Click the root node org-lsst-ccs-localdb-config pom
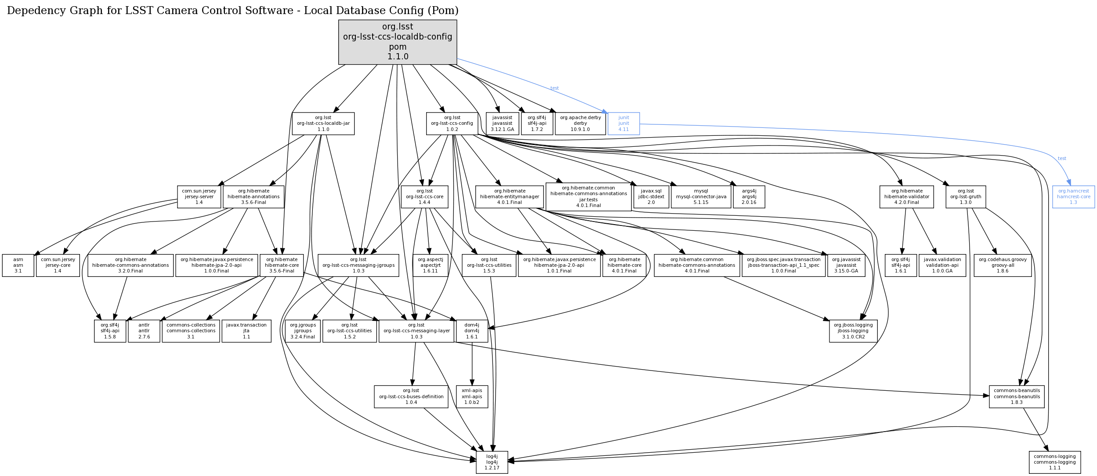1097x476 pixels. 398,42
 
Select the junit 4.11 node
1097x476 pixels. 623,124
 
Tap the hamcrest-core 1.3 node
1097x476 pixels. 1073,196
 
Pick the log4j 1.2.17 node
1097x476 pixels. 492,462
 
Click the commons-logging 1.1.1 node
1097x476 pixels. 1054,462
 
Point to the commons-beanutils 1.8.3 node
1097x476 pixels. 1017,396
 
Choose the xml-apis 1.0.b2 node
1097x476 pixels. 472,396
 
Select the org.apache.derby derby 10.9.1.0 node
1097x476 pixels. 580,124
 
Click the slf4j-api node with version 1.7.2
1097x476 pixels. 537,124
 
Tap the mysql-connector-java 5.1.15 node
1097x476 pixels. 701,196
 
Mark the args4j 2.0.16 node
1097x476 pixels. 749,196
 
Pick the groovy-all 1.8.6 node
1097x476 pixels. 1003,265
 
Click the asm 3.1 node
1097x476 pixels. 18,265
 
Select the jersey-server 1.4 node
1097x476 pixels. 199,196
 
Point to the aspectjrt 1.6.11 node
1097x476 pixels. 431,265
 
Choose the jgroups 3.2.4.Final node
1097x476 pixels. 303,331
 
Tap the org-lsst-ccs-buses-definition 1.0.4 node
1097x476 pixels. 411,396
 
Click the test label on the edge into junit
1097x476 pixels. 554,88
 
